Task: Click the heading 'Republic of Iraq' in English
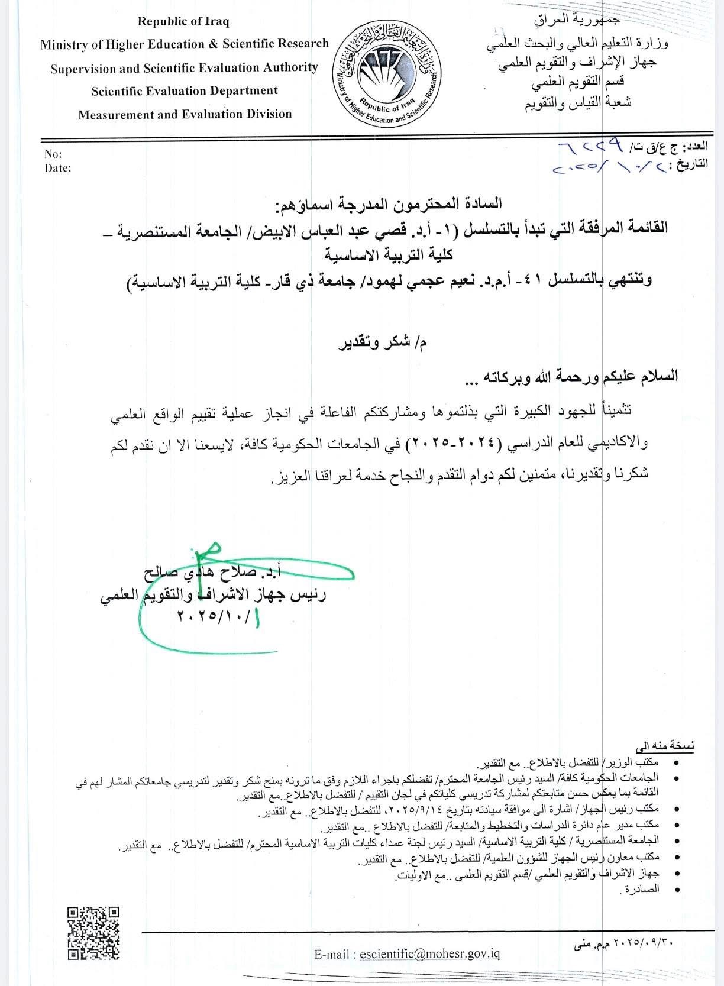pyautogui.click(x=183, y=21)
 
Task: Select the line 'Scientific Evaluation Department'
pyautogui.click(x=185, y=91)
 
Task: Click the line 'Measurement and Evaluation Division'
pyautogui.click(x=185, y=114)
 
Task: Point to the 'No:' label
pyautogui.click(x=53, y=154)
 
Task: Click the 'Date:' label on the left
pyautogui.click(x=58, y=168)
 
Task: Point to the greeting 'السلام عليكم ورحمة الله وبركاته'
pyautogui.click(x=580, y=376)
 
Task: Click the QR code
pyautogui.click(x=93, y=933)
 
